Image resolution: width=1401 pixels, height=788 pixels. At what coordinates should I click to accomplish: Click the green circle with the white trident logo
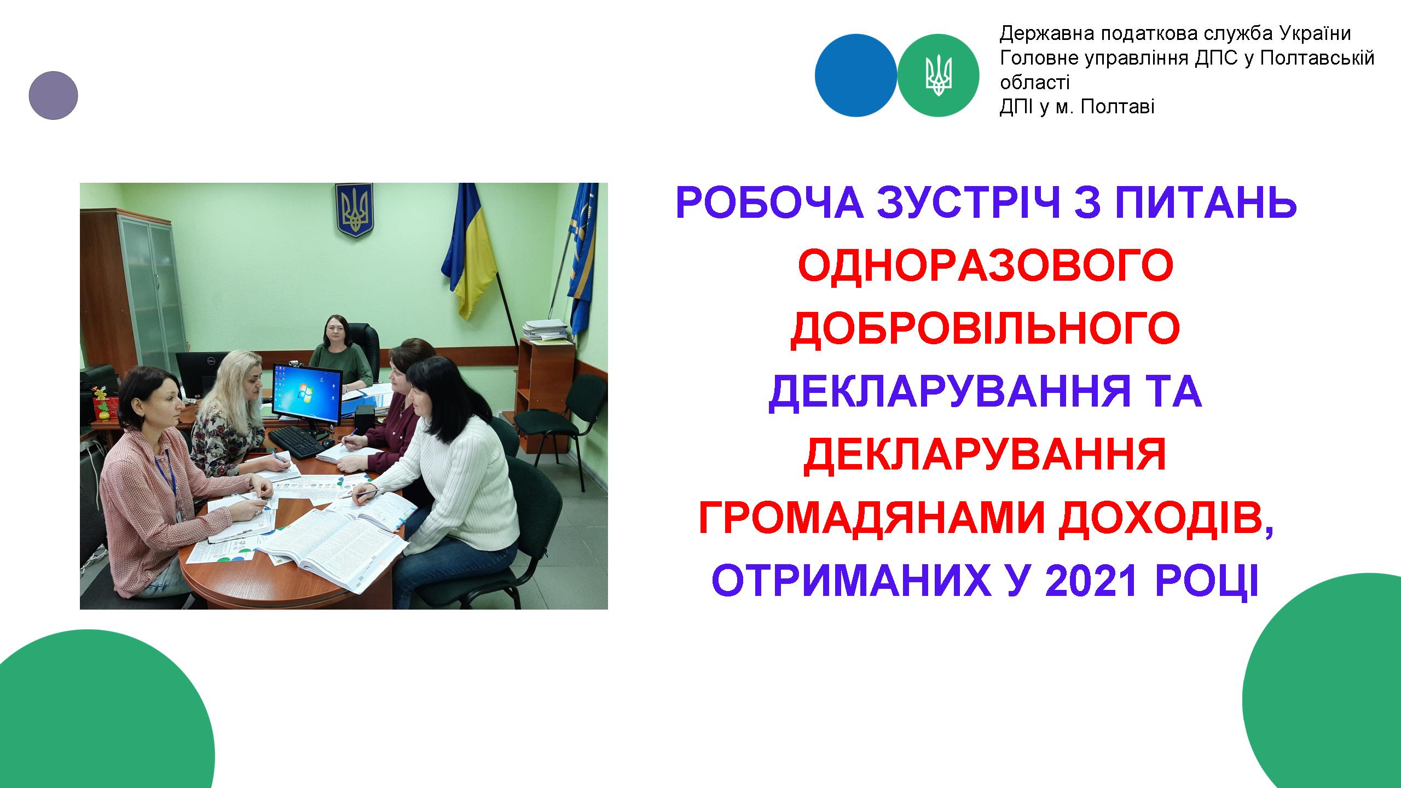(939, 75)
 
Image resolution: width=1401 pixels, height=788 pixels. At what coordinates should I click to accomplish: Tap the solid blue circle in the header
(856, 75)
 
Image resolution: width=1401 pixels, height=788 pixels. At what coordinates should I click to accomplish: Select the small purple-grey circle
(53, 95)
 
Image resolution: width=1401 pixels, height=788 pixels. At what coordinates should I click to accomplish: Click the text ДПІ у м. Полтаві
(1077, 107)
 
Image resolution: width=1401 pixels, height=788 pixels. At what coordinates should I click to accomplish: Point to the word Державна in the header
(1040, 34)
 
